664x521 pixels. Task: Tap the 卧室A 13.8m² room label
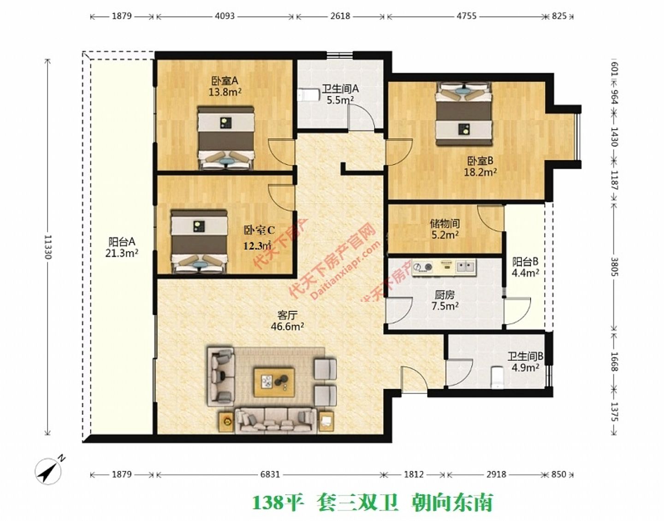[x=225, y=86]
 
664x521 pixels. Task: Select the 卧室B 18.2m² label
[x=480, y=166]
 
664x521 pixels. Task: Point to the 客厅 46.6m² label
[x=287, y=321]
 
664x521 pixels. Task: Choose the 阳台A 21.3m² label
[x=122, y=247]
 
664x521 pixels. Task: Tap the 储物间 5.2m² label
[x=445, y=229]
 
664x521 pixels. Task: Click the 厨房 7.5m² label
[x=445, y=300]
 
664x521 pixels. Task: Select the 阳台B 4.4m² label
[x=526, y=267]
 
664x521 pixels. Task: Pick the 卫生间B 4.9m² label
[x=525, y=362]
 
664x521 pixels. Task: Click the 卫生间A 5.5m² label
[x=340, y=94]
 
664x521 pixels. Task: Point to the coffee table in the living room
[x=274, y=382]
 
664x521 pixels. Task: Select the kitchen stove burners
[x=423, y=266]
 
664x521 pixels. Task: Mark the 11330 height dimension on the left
[x=48, y=247]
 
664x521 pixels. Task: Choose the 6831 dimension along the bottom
[x=270, y=474]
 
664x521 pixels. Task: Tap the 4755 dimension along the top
[x=466, y=16]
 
